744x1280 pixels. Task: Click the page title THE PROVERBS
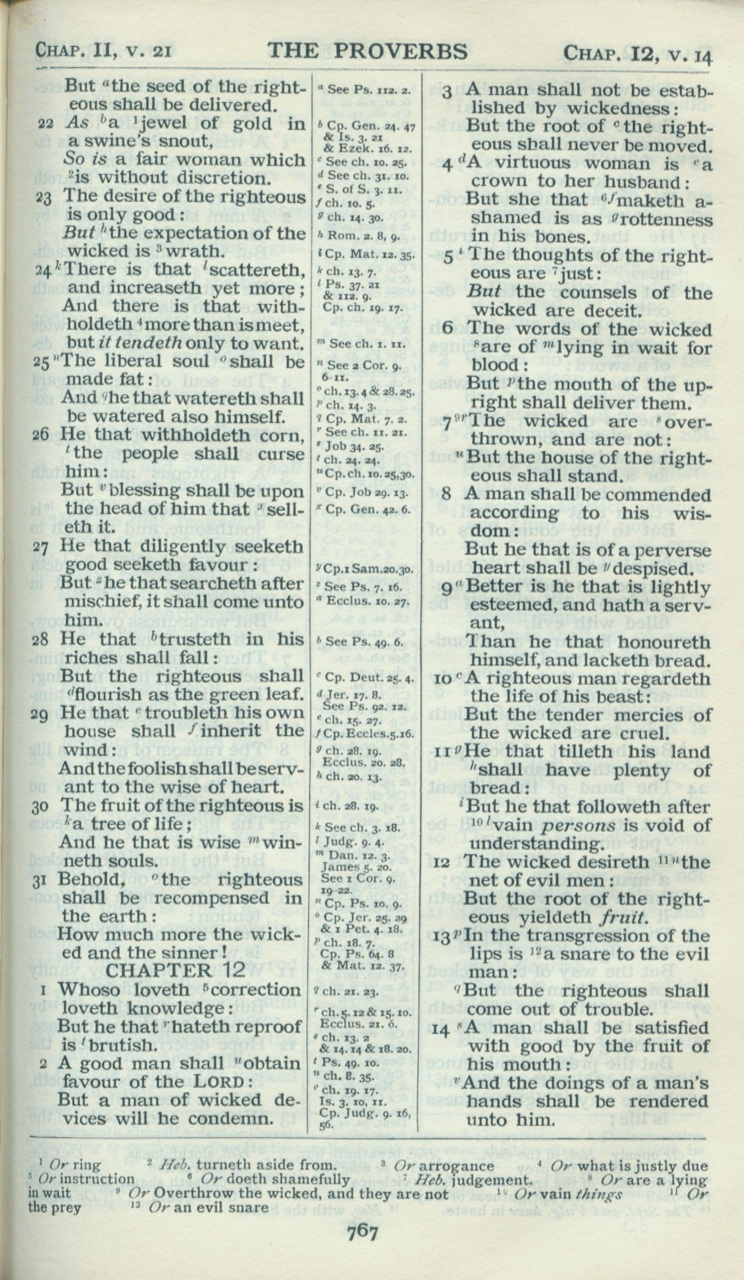pos(368,52)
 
